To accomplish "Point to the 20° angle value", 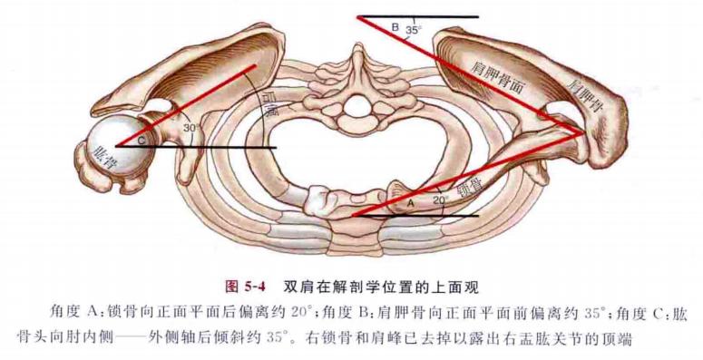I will point(440,199).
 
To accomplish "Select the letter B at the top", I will point(395,28).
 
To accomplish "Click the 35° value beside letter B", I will point(414,31).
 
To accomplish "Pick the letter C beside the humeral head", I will point(142,139).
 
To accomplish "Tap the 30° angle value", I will point(190,129).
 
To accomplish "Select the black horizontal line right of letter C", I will point(218,146).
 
